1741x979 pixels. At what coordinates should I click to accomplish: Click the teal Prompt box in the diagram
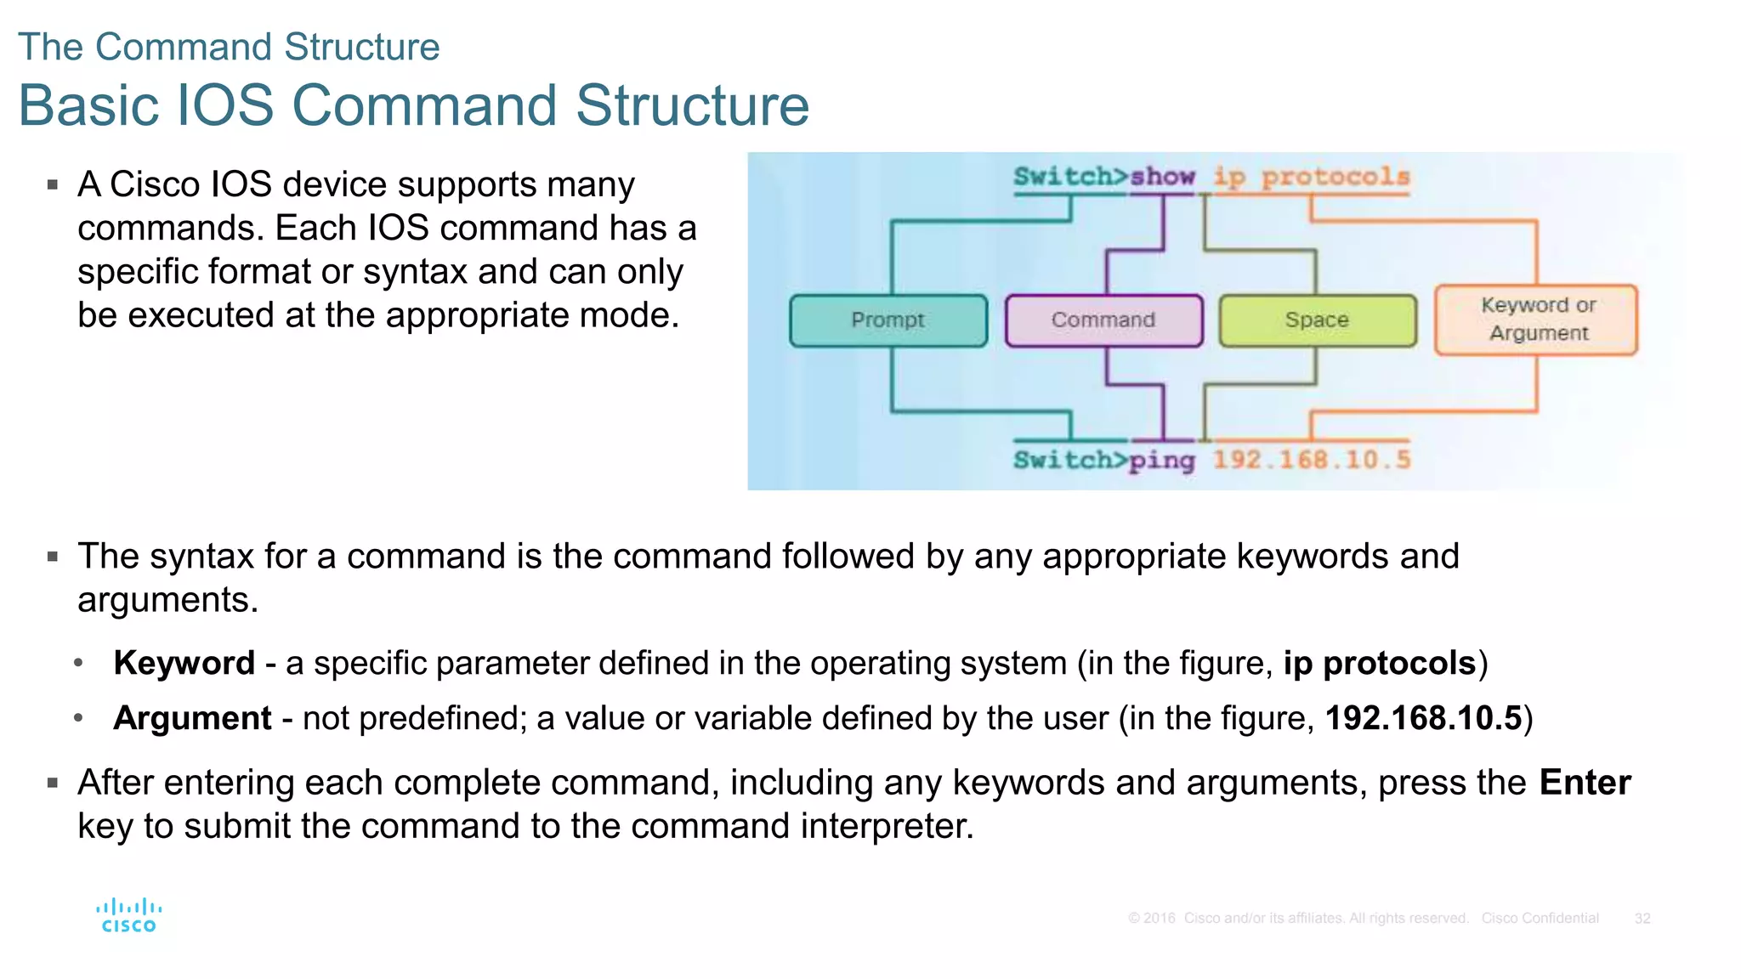point(888,320)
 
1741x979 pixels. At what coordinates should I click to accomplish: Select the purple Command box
point(1103,320)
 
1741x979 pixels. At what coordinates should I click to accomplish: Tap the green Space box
point(1318,320)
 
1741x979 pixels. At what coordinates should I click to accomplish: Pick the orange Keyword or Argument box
point(1536,320)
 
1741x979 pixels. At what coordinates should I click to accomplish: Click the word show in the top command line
point(1162,177)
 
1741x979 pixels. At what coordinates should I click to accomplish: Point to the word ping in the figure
point(1161,461)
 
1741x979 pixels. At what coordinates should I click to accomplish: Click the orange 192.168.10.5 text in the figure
point(1311,460)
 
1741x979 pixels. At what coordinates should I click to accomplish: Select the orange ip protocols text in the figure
point(1311,177)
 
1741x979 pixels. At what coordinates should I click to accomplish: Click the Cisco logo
point(128,916)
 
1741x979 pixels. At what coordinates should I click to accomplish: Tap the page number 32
point(1642,919)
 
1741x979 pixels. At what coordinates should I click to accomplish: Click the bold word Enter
point(1585,782)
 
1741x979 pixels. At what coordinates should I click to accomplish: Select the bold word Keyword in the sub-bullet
point(184,663)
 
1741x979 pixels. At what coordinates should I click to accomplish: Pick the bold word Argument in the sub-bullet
point(193,718)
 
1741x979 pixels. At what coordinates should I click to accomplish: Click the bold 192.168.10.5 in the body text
point(1423,718)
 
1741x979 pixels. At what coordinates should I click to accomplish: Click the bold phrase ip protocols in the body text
point(1380,663)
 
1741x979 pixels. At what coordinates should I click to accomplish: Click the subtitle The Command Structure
point(229,47)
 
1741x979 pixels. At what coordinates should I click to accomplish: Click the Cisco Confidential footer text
point(1540,919)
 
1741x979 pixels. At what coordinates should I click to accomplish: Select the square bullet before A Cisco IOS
point(53,184)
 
